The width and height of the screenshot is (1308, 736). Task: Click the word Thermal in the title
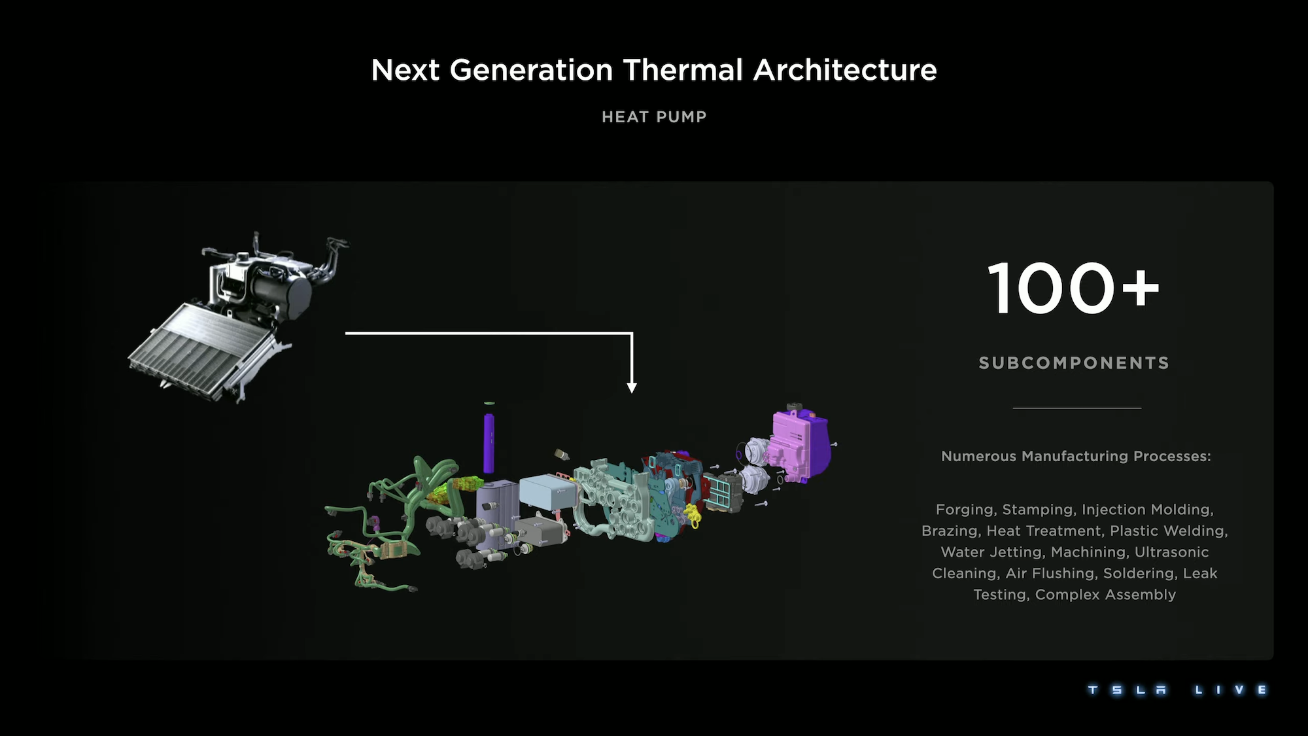click(683, 70)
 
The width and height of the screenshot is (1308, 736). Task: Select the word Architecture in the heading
click(845, 70)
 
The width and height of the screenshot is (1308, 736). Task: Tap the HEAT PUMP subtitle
click(654, 117)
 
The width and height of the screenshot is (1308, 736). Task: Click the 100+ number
click(1073, 288)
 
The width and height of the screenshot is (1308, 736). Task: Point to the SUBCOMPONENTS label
click(1074, 363)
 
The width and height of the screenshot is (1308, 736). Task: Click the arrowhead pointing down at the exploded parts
click(632, 388)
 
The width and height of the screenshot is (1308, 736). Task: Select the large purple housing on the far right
click(799, 445)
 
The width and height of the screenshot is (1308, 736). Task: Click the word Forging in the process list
click(965, 510)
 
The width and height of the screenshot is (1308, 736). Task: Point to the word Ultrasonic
click(1171, 552)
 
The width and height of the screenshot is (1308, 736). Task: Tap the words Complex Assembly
click(1105, 595)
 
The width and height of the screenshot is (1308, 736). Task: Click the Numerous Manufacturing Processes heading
click(1076, 456)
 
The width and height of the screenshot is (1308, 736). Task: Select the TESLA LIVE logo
click(1177, 690)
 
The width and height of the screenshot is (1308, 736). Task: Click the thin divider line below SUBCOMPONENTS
click(1076, 408)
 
